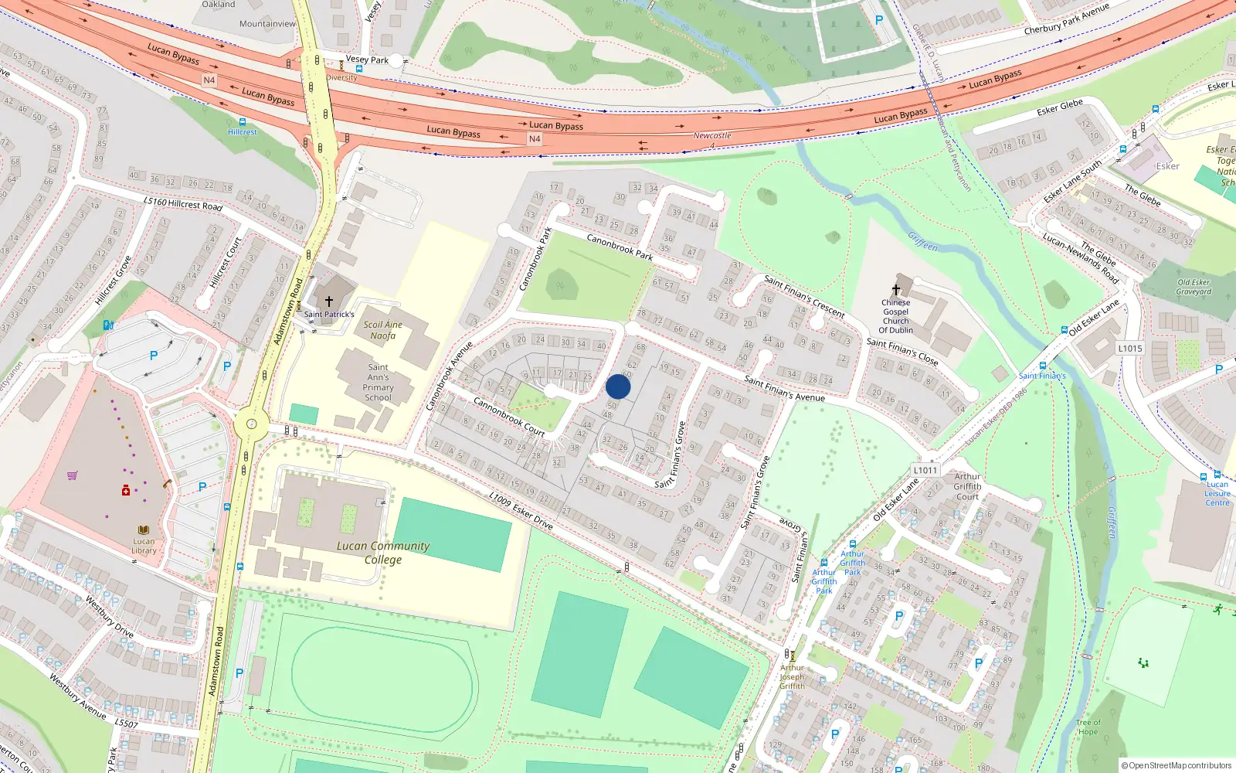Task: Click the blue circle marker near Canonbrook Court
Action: pos(618,386)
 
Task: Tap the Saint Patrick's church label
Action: pos(329,314)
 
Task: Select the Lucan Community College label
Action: pos(383,552)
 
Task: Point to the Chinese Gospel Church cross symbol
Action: pos(896,290)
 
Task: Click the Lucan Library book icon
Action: pos(144,530)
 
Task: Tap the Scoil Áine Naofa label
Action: pos(383,330)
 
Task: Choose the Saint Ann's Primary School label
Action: pos(379,383)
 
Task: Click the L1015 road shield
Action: pos(1130,349)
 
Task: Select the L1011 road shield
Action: pos(925,470)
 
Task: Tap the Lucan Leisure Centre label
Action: pos(1217,493)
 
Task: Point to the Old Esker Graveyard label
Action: pos(1194,287)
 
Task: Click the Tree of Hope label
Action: pos(1088,727)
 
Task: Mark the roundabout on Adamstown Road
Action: pos(251,423)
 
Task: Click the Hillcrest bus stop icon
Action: pos(243,122)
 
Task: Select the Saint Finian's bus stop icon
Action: pos(1042,366)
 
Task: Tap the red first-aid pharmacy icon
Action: pos(126,490)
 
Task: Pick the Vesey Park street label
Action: pos(367,60)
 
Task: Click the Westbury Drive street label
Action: pos(110,617)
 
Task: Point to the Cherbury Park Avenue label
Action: pos(1066,19)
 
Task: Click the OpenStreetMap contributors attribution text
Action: pos(1177,765)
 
